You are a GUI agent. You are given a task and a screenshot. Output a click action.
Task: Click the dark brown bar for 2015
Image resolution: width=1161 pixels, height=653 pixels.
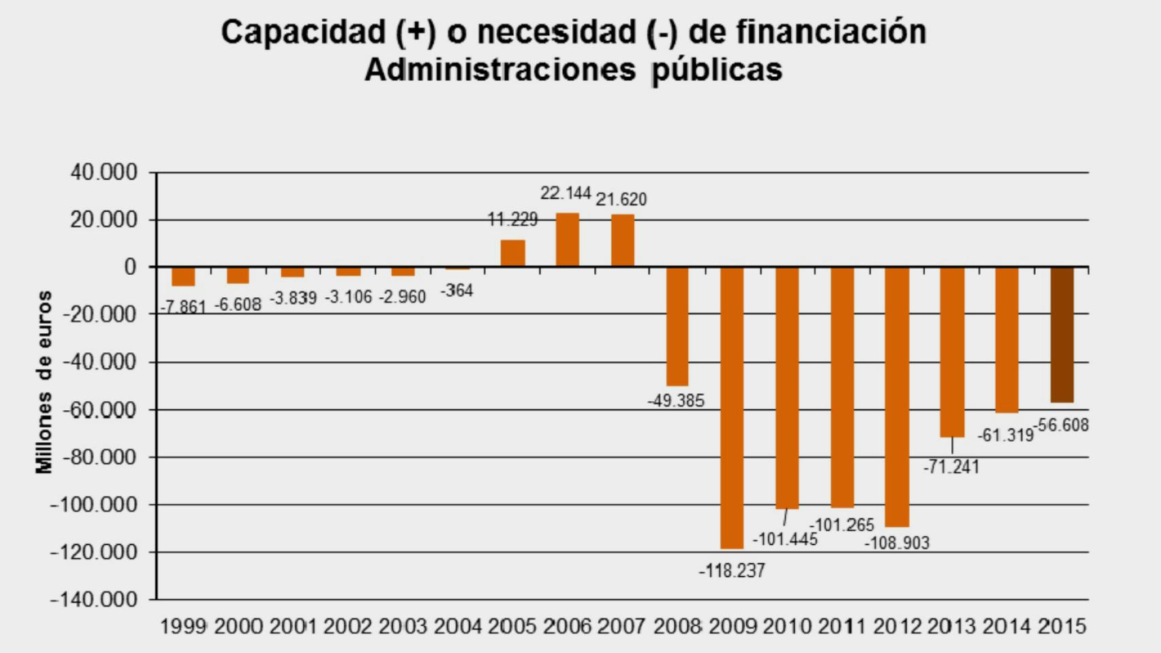point(1062,335)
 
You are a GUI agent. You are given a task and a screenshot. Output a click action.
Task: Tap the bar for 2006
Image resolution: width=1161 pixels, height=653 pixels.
point(568,239)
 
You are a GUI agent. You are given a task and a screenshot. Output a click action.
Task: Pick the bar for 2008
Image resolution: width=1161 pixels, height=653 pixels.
point(677,326)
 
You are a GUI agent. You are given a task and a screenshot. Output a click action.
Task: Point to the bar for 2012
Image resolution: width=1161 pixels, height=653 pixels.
point(897,396)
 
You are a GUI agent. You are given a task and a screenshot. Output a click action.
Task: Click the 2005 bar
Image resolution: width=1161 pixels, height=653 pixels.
point(512,253)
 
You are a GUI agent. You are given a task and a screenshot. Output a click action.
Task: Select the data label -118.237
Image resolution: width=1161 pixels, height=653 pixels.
point(732,571)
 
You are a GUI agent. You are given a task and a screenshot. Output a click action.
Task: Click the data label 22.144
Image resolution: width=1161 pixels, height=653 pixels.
point(566,193)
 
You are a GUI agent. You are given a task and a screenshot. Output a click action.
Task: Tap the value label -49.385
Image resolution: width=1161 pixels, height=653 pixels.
point(676,401)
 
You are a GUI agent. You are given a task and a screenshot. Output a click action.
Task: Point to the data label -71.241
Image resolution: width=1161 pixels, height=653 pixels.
point(951,467)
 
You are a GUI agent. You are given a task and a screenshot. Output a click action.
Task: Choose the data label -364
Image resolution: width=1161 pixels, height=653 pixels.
point(457,290)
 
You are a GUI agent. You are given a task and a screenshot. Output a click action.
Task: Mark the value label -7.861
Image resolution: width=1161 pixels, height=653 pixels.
point(182,307)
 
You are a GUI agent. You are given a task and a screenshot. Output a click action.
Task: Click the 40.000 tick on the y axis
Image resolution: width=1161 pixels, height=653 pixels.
point(103,173)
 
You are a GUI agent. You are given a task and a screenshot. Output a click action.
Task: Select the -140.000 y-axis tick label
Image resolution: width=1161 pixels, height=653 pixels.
point(94,599)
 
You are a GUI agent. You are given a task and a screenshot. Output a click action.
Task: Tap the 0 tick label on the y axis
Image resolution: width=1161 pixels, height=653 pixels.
point(130,267)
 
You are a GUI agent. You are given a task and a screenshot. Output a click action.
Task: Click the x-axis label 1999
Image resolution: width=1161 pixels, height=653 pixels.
point(182,626)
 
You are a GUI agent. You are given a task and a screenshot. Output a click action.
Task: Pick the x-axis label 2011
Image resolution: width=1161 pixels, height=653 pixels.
point(841,626)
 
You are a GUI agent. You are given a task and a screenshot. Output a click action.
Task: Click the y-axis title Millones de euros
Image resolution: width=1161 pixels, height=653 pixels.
point(44,382)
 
